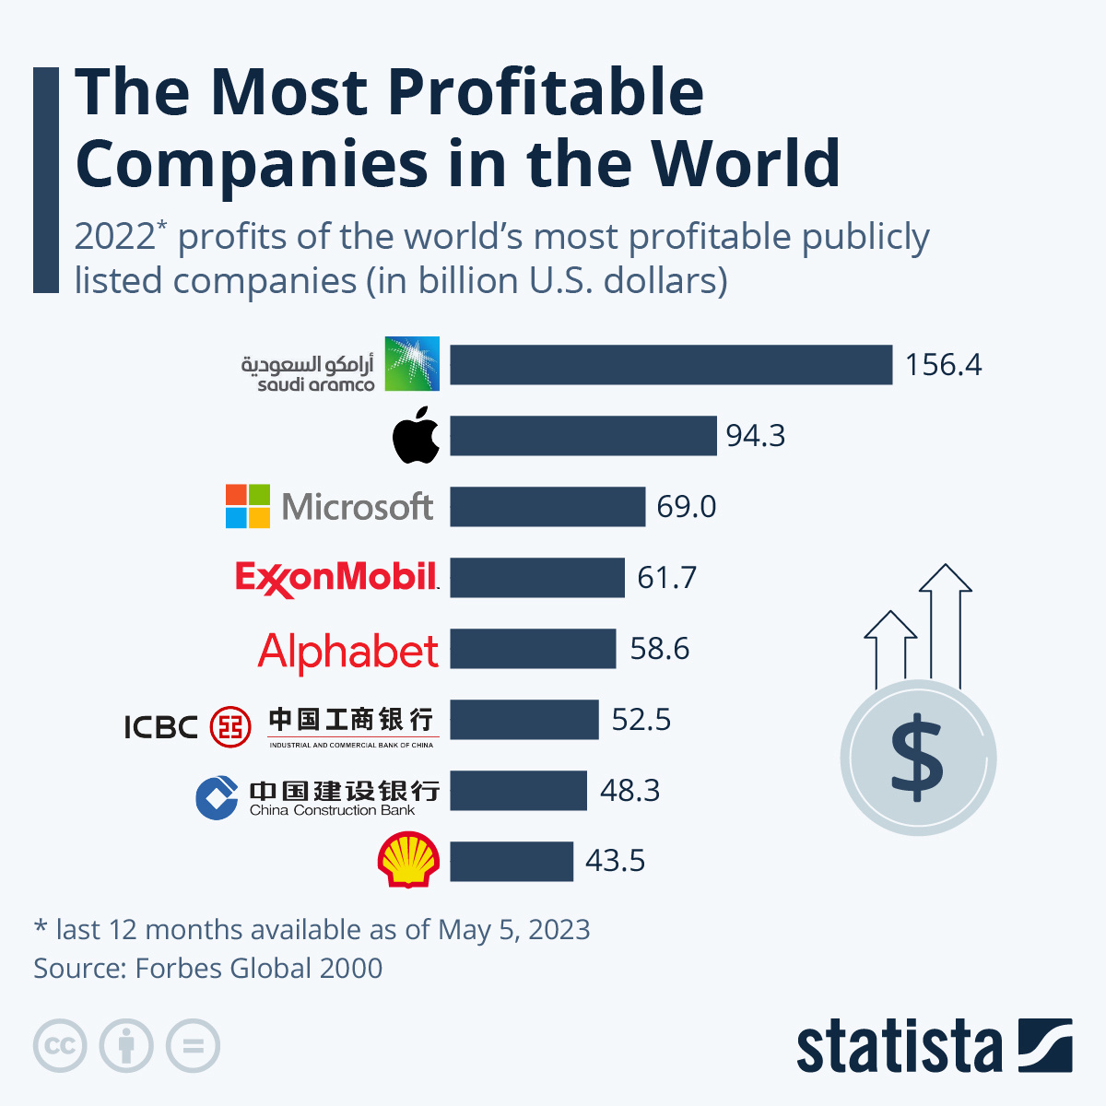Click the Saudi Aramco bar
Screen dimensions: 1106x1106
coord(671,364)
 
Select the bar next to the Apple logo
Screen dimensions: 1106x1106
coord(582,435)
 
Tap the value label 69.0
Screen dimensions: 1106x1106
coord(686,507)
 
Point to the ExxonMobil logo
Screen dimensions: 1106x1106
coord(336,578)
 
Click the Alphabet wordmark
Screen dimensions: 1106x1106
coord(348,651)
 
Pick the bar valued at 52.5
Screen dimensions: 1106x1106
coord(524,720)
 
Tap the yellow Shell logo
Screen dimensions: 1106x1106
coord(407,859)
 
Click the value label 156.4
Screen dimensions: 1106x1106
coord(943,365)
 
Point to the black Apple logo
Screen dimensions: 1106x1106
coord(416,434)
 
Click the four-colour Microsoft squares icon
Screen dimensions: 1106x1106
coord(248,506)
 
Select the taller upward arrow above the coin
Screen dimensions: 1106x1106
coord(946,627)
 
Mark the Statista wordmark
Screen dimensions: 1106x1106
coord(899,1047)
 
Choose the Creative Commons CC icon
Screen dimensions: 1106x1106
coord(60,1046)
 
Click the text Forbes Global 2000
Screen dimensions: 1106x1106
coord(258,969)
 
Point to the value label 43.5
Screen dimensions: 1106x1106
coord(615,861)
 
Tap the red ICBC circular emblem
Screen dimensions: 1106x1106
coord(229,726)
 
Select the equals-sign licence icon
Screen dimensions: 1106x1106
coord(193,1046)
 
